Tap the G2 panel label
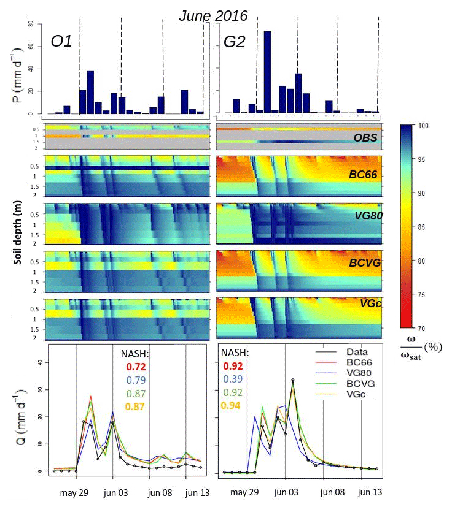tap(235, 42)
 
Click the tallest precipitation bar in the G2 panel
tap(267, 72)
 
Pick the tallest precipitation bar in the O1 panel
tap(90, 92)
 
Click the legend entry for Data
tap(348, 351)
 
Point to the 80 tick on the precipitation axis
tap(29, 24)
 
